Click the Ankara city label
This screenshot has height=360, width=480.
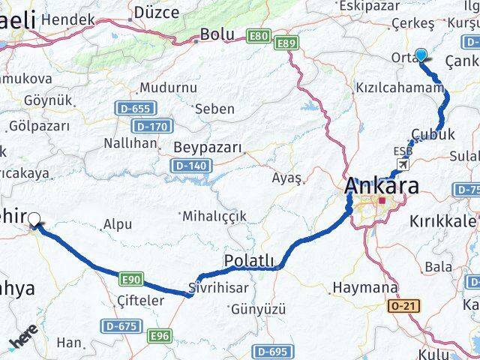click(382, 185)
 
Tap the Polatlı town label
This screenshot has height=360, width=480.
click(250, 260)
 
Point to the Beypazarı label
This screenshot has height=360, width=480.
click(208, 147)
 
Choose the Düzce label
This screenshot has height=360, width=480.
click(156, 12)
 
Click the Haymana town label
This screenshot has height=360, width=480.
click(364, 287)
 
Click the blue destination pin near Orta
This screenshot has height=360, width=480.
click(421, 55)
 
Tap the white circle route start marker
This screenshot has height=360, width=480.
click(34, 219)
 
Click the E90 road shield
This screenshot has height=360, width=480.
click(130, 279)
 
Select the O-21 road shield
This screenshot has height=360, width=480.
click(406, 305)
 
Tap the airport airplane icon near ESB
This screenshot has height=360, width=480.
click(405, 164)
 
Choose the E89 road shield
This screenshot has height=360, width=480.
click(286, 44)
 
